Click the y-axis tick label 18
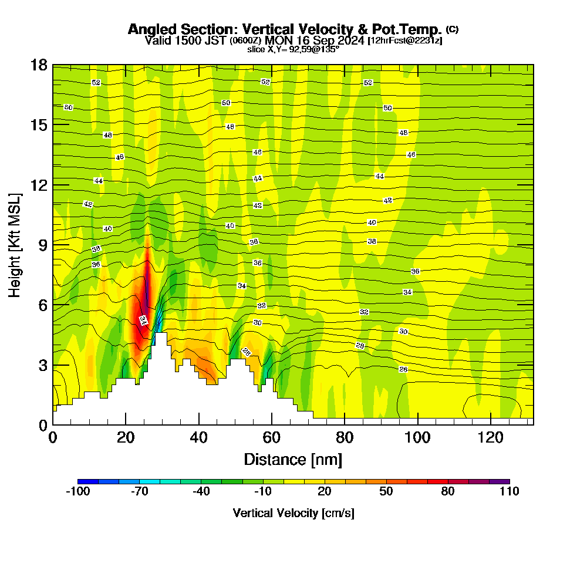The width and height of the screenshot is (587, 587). point(39,65)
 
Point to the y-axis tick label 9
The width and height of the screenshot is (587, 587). point(42,244)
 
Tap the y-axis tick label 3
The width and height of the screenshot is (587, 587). point(42,365)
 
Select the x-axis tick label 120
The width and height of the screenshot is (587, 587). point(490,437)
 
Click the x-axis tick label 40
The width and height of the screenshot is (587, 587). point(199,437)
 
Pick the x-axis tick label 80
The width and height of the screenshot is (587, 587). point(345,437)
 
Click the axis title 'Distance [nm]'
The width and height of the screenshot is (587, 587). point(293,459)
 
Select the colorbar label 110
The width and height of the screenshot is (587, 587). point(509,492)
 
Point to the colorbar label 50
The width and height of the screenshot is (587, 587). point(386,492)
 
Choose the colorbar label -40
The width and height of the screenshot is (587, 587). point(201,492)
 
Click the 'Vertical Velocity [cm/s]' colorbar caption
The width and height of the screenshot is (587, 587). point(293,513)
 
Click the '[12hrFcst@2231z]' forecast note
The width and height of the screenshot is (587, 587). point(405,41)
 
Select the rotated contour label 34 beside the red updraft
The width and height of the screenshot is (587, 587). point(143,320)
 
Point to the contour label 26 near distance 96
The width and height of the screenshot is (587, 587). point(403,369)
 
